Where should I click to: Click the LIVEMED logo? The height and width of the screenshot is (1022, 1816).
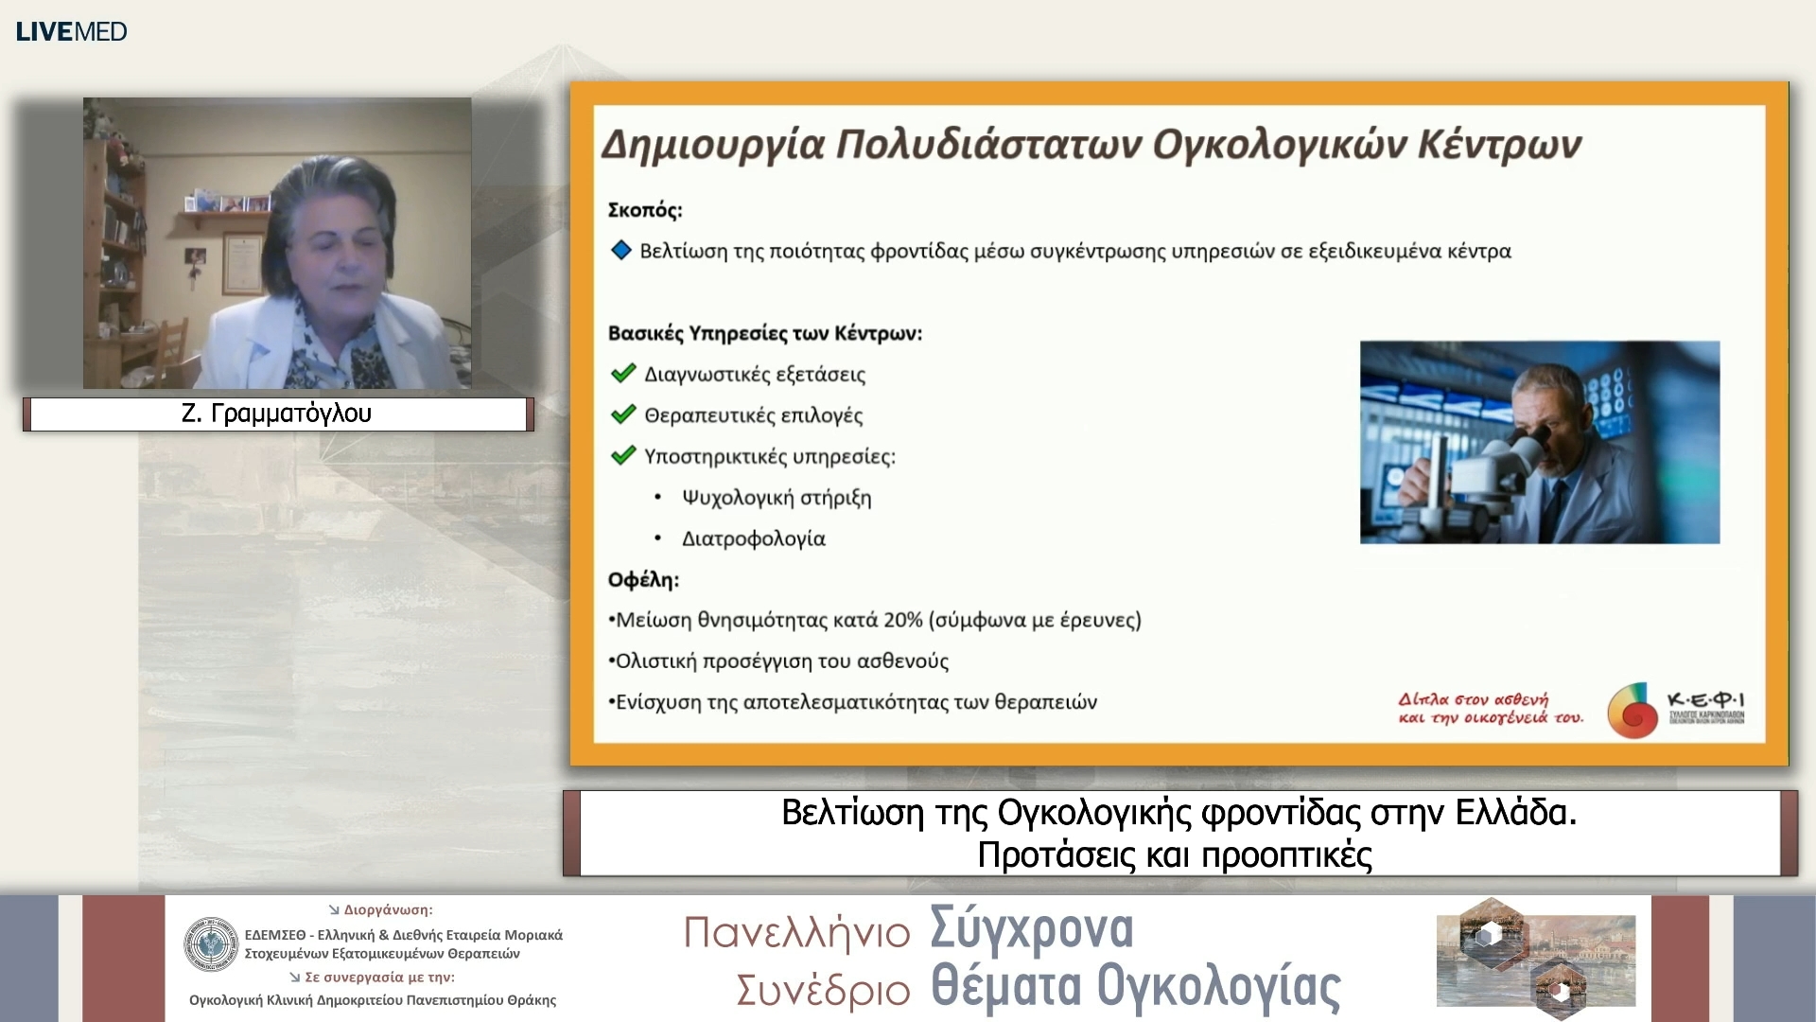tap(72, 31)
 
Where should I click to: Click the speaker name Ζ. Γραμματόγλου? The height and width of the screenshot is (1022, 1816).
tap(276, 414)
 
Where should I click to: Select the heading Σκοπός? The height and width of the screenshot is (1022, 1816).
tap(645, 210)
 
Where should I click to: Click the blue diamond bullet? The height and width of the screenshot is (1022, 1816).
tap(621, 251)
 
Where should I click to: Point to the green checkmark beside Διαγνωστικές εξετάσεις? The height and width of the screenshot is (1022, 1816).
tap(623, 374)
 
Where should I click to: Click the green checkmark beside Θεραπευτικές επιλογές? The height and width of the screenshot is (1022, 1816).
tap(623, 414)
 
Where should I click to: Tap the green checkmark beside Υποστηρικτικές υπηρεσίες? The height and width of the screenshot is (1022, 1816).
tap(623, 456)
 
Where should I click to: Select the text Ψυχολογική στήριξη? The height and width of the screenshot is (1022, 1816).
tap(777, 498)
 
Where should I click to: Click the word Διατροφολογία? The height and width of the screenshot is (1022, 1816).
tap(754, 538)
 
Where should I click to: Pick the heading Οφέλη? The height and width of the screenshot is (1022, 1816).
tap(643, 579)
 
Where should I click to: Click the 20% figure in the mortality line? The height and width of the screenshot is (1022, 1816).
tap(903, 620)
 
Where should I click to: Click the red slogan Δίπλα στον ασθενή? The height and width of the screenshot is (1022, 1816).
tap(1473, 699)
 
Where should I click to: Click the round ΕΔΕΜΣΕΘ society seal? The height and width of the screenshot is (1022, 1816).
tap(211, 944)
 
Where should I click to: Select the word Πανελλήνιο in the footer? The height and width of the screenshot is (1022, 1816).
tap(796, 933)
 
